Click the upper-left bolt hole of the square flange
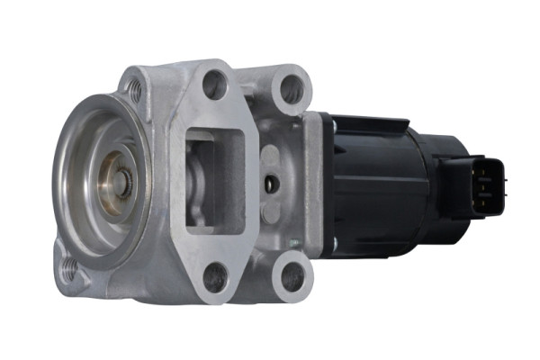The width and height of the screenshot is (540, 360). click(214, 86)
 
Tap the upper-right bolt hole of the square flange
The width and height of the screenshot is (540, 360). click(291, 90)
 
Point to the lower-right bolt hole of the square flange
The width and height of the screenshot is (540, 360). click(292, 276)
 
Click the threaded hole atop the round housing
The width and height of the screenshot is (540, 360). click(135, 88)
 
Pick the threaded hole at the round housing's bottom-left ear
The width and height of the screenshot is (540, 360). click(70, 266)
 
